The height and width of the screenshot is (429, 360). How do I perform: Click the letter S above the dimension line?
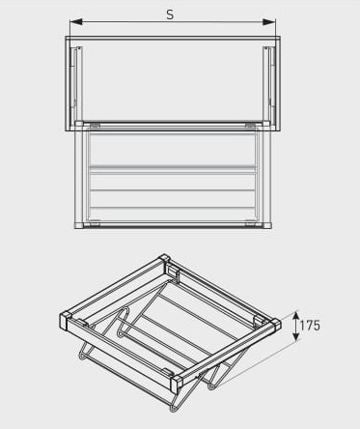170,14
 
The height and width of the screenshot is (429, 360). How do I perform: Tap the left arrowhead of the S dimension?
76,22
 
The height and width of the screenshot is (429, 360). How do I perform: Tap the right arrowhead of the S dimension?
269,22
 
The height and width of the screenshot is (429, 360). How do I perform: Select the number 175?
310,326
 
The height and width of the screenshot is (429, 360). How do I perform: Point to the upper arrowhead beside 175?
296,316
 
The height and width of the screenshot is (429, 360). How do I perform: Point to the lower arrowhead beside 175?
296,336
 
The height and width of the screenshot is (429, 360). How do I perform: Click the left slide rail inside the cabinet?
76,84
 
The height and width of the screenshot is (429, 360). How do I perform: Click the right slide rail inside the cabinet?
269,84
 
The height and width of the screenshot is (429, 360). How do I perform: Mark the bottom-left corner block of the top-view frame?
79,225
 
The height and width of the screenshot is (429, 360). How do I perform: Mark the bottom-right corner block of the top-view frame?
266,225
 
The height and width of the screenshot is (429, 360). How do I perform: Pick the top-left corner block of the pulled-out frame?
79,124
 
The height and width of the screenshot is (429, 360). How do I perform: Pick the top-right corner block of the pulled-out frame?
266,124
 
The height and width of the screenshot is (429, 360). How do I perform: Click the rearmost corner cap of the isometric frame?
164,259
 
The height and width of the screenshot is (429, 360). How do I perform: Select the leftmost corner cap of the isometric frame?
66,321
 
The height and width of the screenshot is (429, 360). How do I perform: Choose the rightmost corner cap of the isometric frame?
275,325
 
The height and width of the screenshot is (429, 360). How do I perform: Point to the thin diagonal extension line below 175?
259,364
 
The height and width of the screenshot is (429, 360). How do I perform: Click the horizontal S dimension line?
173,22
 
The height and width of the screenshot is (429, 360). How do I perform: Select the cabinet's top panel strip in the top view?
173,38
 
